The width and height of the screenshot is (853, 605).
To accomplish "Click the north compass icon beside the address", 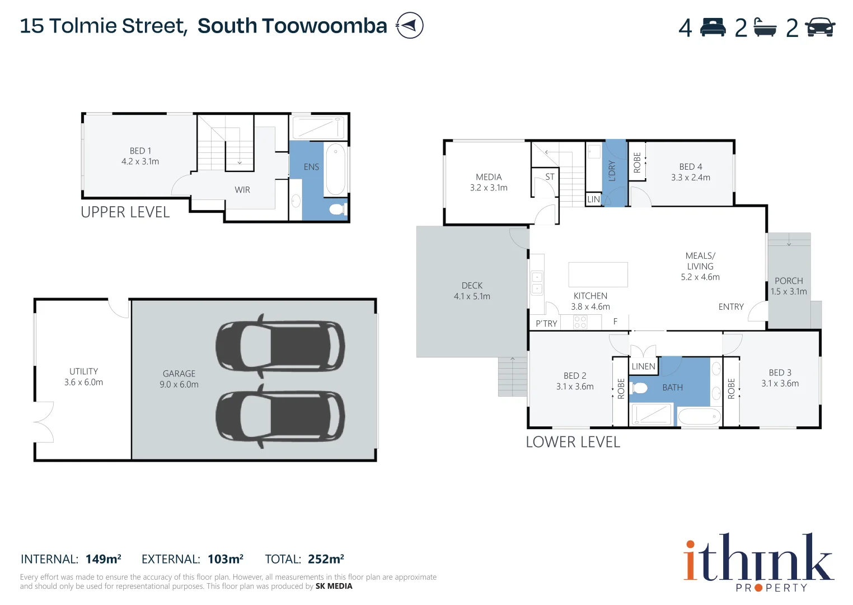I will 410,26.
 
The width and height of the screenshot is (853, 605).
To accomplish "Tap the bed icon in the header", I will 713,27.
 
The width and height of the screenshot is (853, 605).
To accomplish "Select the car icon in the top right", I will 819,27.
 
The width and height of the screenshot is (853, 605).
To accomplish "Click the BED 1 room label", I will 140,151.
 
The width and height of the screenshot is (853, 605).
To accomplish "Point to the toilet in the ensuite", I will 337,210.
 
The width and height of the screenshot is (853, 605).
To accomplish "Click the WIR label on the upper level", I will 242,190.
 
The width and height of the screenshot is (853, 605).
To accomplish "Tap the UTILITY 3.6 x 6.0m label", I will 83,377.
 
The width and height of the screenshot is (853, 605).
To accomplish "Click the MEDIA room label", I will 489,177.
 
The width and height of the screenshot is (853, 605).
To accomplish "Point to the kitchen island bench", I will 598,274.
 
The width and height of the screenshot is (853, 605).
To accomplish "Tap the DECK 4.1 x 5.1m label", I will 472,291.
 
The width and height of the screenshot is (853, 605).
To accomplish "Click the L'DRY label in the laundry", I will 612,171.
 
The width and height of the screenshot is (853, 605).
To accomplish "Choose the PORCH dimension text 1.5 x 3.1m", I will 789,292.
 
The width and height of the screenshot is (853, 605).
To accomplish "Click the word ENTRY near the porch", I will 731,307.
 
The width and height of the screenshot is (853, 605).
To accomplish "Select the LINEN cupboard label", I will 643,366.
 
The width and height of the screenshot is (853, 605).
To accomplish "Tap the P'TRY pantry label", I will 546,324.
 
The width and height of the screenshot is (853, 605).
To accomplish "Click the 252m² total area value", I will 326,559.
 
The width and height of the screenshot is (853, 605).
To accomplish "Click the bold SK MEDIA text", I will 334,587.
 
